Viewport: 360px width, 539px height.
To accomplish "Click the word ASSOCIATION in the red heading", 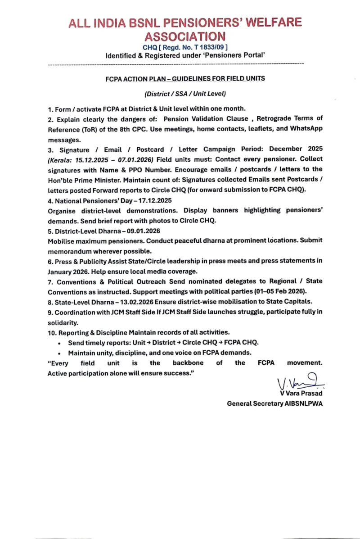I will (x=185, y=36).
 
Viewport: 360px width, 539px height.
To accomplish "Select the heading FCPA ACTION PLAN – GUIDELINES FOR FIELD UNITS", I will (x=185, y=78).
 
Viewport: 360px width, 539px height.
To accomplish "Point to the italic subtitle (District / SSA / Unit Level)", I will (x=185, y=94).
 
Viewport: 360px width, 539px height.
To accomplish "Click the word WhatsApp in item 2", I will (x=306, y=128).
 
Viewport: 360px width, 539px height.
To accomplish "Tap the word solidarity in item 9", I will (x=63, y=323).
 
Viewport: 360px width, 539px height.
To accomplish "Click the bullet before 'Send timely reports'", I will (x=59, y=343).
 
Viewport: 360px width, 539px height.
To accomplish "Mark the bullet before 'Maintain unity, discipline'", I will (x=59, y=353).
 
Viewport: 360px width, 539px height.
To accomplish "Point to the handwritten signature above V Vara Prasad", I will (x=299, y=383).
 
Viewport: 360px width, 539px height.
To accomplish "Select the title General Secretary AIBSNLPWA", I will (x=274, y=404).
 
